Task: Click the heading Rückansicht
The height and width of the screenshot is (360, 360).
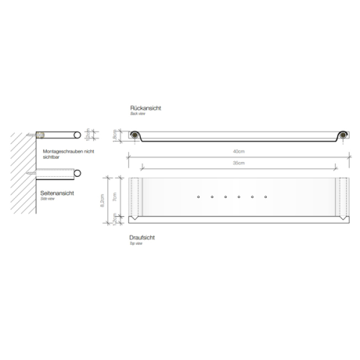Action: click(146, 106)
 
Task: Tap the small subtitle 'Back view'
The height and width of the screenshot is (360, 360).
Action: click(138, 113)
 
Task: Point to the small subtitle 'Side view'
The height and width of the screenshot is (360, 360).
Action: click(48, 199)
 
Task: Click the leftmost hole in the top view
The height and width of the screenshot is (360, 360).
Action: click(199, 196)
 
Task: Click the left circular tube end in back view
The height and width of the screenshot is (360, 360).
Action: click(136, 135)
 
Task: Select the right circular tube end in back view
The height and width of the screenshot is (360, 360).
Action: click(342, 135)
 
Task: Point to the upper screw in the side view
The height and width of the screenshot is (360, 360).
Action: click(35, 135)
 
